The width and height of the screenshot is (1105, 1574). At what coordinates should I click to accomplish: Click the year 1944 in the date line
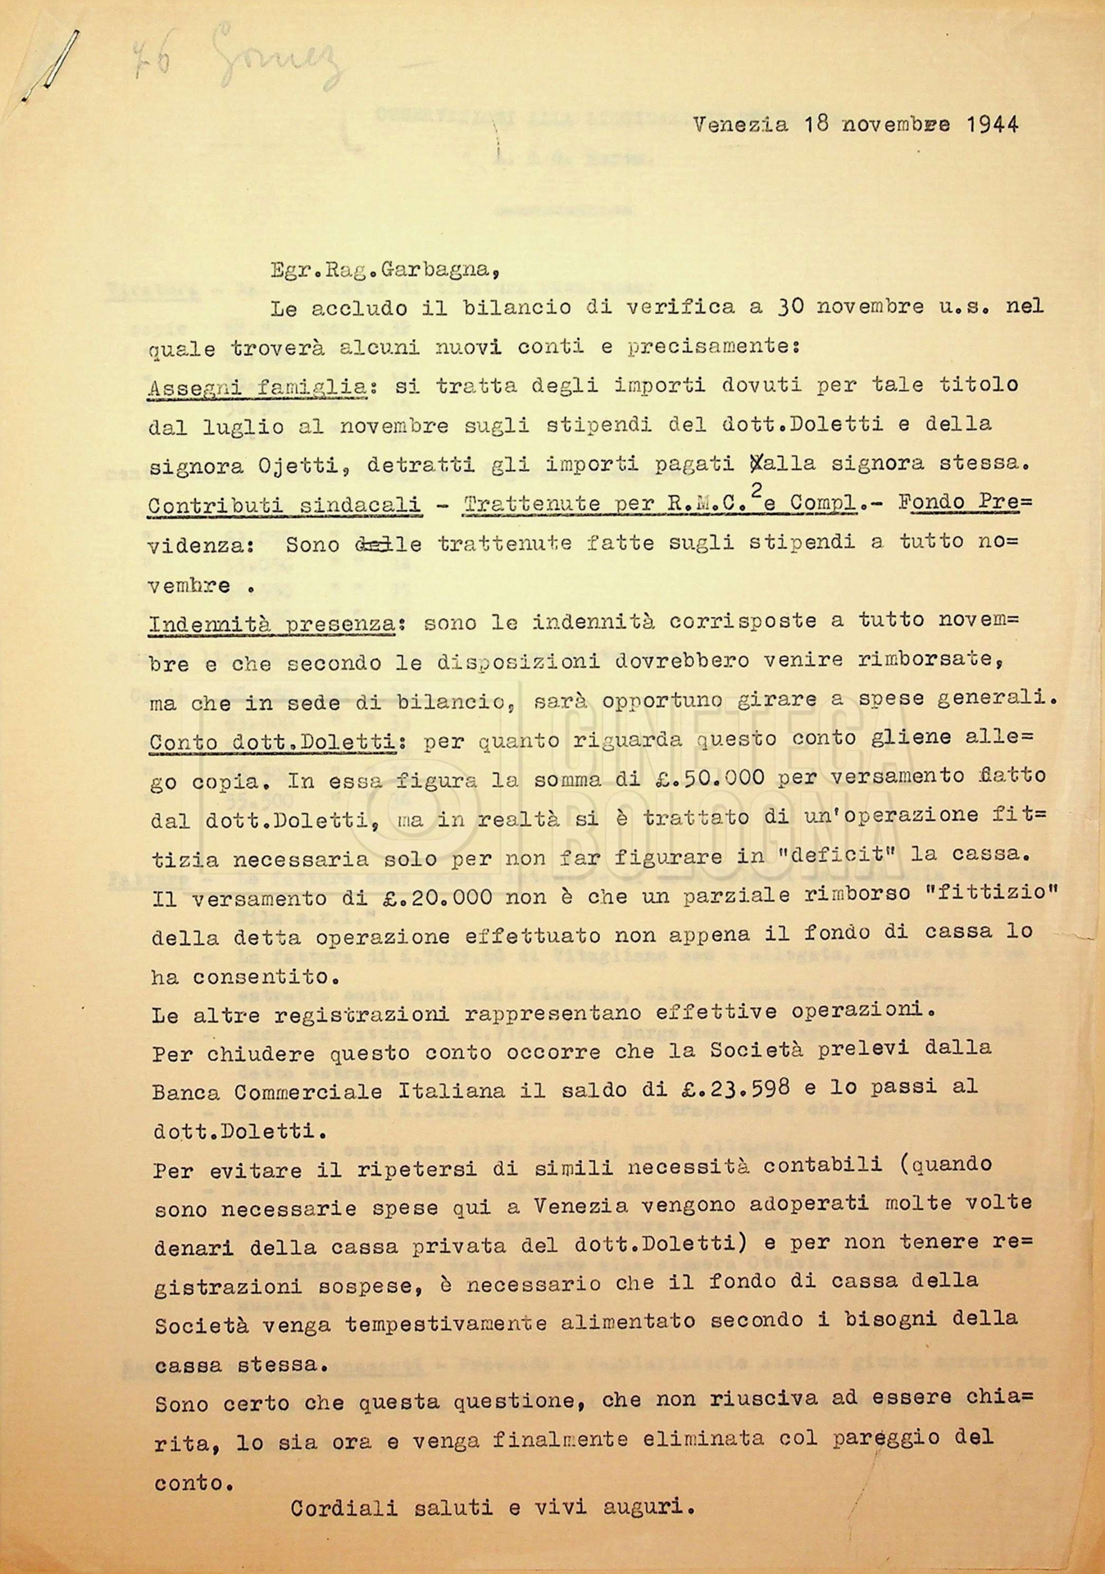click(x=992, y=125)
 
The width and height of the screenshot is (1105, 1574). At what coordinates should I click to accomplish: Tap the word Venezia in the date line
click(x=740, y=125)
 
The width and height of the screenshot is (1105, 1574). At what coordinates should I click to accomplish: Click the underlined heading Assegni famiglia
click(x=257, y=385)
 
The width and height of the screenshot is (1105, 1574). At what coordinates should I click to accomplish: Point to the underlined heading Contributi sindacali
click(x=285, y=504)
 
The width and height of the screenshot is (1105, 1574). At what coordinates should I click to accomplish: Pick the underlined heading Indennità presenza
click(x=272, y=624)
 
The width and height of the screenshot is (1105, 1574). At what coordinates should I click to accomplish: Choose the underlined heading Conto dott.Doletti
click(x=273, y=743)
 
